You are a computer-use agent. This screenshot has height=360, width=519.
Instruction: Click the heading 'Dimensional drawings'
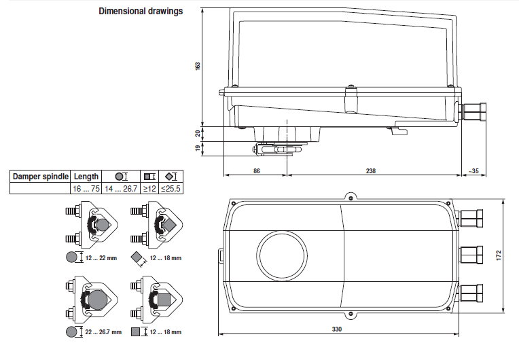coord(141,12)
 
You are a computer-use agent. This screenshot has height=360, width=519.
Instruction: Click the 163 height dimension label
coord(198,66)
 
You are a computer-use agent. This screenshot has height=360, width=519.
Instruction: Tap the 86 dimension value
coord(256,171)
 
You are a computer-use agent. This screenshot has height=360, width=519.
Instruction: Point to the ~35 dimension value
coord(473,171)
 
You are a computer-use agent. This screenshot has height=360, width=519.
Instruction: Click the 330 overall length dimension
coord(337,329)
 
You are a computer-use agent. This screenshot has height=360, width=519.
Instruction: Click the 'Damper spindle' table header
coord(40,177)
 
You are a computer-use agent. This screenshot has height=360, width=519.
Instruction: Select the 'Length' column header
coord(86,177)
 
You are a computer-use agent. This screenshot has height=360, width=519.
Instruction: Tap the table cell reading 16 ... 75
coord(86,188)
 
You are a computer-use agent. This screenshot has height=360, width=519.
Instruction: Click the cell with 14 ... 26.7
coord(121,188)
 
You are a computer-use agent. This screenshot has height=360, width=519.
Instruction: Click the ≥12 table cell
coord(149,188)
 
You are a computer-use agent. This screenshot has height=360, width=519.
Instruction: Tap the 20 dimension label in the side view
coord(198,132)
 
